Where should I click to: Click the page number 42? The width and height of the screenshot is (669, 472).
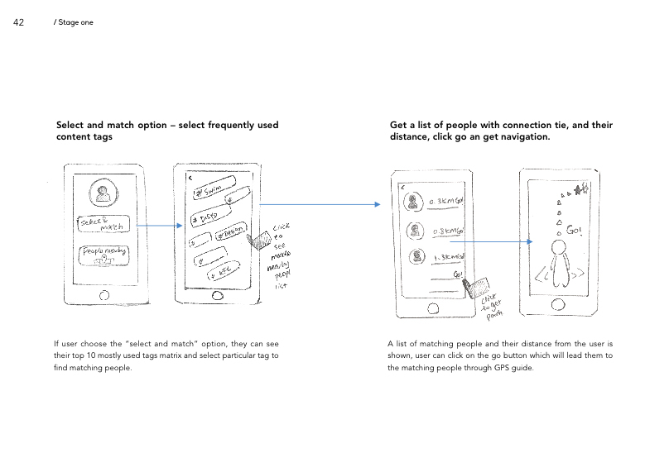pyautogui.click(x=17, y=22)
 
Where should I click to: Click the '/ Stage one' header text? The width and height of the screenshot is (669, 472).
pyautogui.click(x=74, y=22)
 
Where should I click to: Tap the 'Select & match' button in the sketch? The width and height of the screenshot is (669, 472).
pyautogui.click(x=102, y=223)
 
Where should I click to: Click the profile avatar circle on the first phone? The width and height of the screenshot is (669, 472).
pyautogui.click(x=103, y=193)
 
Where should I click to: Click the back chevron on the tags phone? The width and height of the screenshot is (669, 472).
pyautogui.click(x=190, y=177)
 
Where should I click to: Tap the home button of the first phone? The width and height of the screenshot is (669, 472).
pyautogui.click(x=103, y=296)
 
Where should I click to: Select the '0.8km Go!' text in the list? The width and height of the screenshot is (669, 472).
pyautogui.click(x=446, y=231)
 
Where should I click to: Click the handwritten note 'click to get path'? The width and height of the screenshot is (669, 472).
pyautogui.click(x=491, y=306)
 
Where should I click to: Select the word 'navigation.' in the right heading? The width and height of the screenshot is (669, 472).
pyautogui.click(x=523, y=137)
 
